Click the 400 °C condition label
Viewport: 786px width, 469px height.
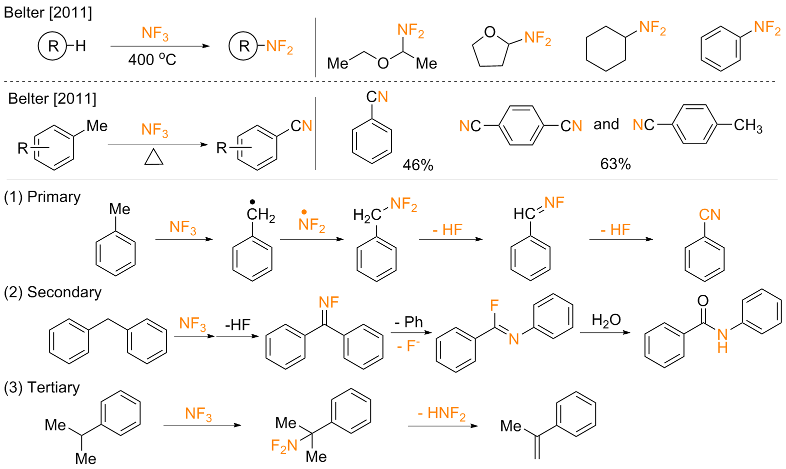152,60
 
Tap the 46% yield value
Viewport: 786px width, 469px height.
418,165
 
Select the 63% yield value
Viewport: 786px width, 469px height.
615,164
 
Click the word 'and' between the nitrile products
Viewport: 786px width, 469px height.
606,124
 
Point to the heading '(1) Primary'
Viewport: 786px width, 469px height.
42,197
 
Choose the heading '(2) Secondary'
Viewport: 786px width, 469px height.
52,292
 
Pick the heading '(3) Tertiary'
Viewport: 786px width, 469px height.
42,387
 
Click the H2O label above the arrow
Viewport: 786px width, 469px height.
606,320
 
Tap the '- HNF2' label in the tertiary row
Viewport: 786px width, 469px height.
441,413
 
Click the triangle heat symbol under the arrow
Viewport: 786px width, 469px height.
154,158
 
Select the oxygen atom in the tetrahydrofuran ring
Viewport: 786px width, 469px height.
490,33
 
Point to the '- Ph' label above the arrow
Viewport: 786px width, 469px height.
408,322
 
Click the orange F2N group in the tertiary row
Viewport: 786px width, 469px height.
284,445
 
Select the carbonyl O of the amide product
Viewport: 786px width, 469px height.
703,301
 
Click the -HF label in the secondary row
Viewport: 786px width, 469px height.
237,325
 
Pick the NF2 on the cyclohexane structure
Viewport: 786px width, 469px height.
652,28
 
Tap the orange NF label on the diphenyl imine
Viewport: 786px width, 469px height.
329,302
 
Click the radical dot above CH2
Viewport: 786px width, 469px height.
252,202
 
